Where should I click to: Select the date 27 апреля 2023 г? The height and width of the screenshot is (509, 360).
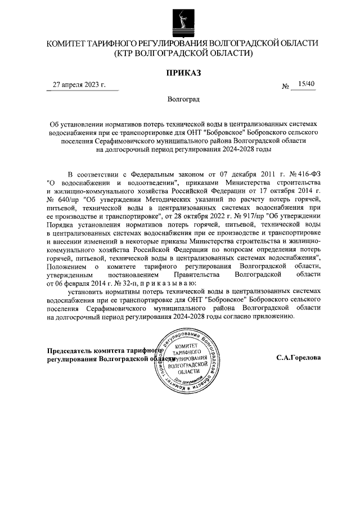coord(80,85)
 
